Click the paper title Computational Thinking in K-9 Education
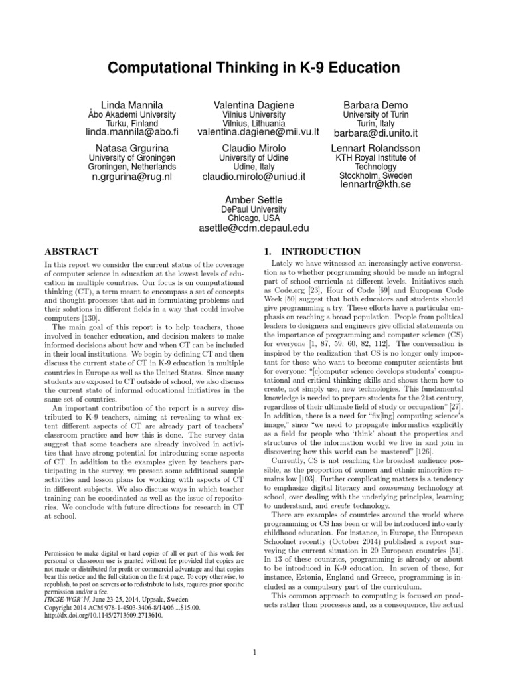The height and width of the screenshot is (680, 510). (255, 68)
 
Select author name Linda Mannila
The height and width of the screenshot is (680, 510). (126, 105)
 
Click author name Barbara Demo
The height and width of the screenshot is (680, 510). (375, 105)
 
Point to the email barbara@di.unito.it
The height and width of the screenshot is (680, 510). (375, 133)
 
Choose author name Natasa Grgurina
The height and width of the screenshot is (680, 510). (131, 147)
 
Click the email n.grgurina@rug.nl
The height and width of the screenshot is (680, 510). (131, 177)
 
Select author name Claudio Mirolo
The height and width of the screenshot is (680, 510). (254, 147)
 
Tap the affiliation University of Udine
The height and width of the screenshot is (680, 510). (254, 158)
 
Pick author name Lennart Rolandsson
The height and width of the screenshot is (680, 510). (377, 147)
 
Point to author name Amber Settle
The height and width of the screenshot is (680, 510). (254, 199)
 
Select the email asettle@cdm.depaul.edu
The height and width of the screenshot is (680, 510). (254, 228)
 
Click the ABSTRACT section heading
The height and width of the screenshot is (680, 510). (71, 252)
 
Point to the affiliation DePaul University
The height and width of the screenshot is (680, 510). (254, 209)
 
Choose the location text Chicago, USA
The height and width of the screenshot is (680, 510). (254, 218)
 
